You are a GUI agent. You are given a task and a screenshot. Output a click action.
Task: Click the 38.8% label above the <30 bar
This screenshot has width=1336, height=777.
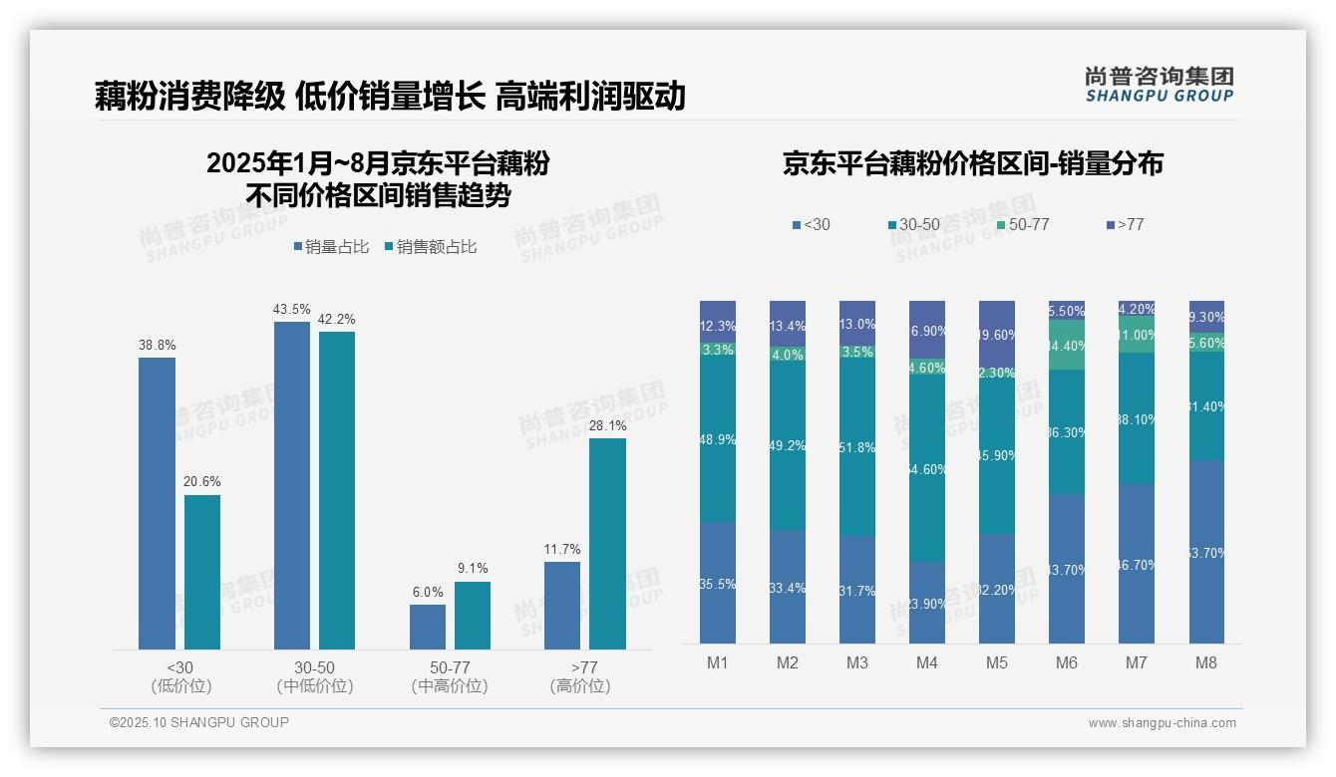tap(157, 346)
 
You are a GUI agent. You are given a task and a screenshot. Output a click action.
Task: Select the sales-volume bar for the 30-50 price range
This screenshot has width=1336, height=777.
tap(291, 485)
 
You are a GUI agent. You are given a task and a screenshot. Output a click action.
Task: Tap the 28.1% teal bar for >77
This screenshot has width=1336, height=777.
tap(607, 544)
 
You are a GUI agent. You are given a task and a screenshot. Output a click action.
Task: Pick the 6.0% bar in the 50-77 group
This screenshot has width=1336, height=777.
tap(427, 627)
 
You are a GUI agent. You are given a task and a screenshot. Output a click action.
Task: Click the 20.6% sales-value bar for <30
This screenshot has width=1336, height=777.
tap(202, 572)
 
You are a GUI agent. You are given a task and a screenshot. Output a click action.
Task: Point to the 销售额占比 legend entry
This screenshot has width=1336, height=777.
tap(431, 247)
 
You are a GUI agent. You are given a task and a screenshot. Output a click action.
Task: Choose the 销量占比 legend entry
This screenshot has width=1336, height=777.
tap(333, 247)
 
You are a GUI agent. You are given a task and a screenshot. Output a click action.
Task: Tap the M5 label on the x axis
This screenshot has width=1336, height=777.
tap(997, 663)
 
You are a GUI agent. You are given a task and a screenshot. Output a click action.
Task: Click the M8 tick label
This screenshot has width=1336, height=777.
tap(1206, 663)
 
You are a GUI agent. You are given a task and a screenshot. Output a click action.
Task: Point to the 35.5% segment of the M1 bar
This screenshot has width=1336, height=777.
tap(718, 583)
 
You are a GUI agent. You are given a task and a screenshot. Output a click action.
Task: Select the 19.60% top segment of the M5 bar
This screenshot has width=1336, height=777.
tap(997, 335)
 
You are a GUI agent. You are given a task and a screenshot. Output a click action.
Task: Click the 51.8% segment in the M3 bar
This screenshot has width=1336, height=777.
tap(857, 448)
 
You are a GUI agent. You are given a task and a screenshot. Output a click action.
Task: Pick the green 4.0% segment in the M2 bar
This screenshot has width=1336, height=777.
tap(788, 355)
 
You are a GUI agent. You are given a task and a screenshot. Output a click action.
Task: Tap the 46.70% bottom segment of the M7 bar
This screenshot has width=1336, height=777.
tap(1137, 564)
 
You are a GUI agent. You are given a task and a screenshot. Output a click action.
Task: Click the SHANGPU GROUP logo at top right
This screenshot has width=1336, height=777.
tap(1159, 85)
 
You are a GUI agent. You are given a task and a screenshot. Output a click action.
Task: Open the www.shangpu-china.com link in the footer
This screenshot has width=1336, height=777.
tap(1162, 723)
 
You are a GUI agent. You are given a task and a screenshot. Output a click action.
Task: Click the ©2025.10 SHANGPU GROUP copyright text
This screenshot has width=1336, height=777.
tap(199, 722)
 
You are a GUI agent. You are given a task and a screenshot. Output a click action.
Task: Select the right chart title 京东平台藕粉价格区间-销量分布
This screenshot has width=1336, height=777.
tap(972, 164)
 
